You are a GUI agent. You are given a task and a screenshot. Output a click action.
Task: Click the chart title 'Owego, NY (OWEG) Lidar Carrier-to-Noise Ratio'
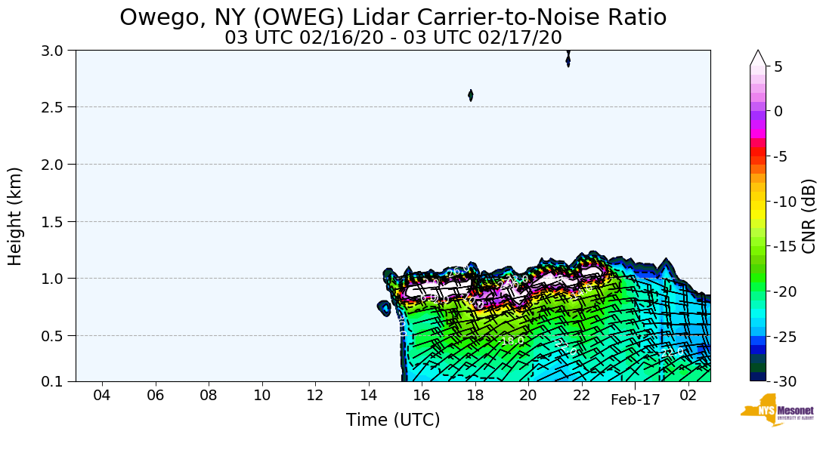tap(393, 17)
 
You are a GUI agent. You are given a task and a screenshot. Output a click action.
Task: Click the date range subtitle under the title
tap(393, 38)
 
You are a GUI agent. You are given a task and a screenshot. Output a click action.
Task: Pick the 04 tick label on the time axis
tap(102, 396)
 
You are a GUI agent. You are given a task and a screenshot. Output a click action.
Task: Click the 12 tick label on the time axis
tap(315, 396)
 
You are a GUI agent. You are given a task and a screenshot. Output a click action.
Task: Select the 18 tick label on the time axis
tap(475, 396)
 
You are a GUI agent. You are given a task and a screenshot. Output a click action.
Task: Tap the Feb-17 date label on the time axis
tap(635, 400)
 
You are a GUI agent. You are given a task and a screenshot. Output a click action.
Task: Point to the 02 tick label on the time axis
tap(688, 396)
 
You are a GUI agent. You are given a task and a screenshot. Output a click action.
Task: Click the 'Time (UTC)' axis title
tap(393, 421)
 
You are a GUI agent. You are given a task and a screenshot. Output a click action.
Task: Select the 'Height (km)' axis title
tap(16, 216)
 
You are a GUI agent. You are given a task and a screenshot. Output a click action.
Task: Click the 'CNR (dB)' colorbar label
tap(809, 216)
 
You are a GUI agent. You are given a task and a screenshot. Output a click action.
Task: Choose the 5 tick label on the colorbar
tap(778, 66)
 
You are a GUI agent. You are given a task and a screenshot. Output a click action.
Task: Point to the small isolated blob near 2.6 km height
tap(471, 95)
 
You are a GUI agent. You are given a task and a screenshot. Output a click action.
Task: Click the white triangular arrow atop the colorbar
tap(758, 58)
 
